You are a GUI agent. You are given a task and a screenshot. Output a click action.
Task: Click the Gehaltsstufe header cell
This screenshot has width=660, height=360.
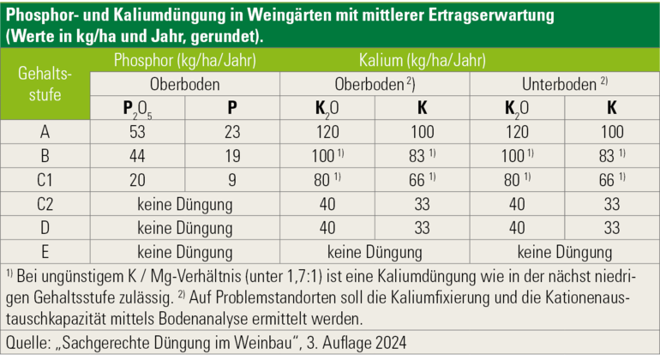tap(45, 84)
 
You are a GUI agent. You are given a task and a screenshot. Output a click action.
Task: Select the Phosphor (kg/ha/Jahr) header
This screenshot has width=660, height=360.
tap(185, 61)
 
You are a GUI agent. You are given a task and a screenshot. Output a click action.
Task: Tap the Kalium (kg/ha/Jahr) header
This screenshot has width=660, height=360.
tap(421, 61)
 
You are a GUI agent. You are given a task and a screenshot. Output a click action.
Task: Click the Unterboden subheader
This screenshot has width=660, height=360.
tap(558, 85)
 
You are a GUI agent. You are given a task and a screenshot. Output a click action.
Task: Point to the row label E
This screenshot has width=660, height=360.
tap(45, 252)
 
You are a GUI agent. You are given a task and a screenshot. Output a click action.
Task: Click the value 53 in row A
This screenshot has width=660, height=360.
tap(137, 133)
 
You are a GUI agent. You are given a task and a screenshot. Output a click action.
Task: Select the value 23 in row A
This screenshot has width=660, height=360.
tap(233, 133)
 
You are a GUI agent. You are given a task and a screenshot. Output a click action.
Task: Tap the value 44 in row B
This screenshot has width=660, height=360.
tap(137, 157)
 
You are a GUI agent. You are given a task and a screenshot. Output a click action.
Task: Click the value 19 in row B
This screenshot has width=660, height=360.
tap(233, 157)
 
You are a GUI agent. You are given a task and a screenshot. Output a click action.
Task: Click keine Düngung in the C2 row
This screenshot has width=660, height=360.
tap(185, 205)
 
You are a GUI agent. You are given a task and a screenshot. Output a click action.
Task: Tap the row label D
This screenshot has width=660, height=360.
tap(45, 229)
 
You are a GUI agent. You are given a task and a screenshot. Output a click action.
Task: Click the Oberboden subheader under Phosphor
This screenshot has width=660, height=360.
tap(185, 85)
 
